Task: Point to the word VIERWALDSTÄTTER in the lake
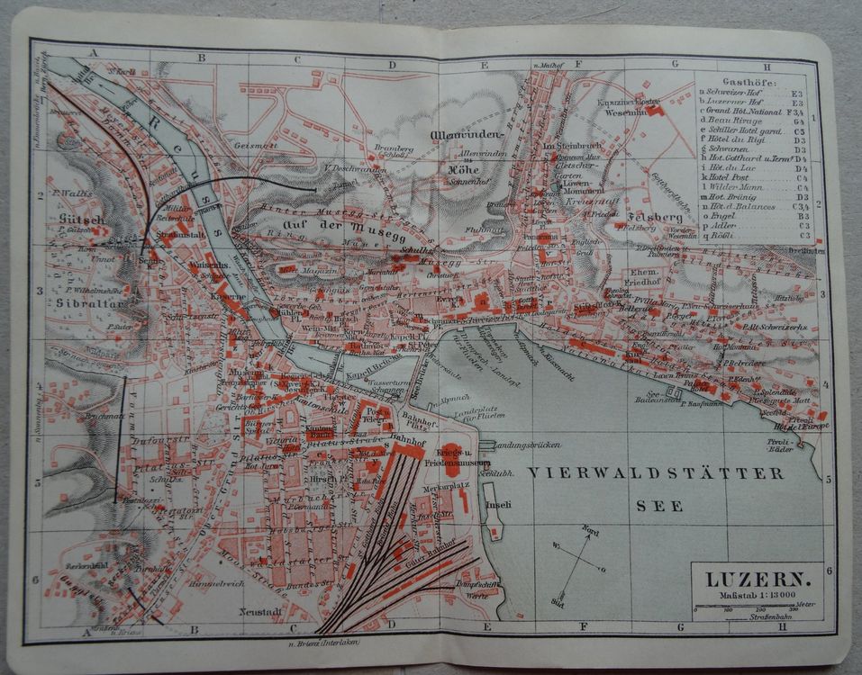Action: coord(655,473)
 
